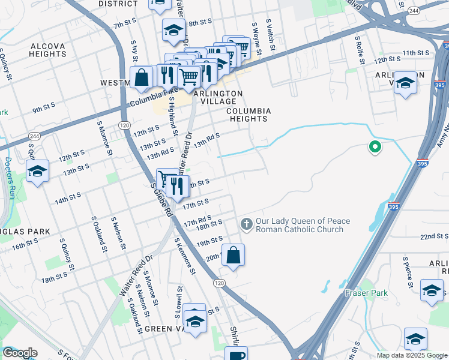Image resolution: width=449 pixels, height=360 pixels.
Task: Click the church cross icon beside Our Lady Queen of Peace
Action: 246,224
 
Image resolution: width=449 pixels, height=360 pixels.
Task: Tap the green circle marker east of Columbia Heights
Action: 375,146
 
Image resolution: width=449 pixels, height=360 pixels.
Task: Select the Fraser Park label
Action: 366,293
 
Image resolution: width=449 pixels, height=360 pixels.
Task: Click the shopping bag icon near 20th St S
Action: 234,254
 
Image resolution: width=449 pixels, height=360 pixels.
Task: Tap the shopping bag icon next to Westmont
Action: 142,77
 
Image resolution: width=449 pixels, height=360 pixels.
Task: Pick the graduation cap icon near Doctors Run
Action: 37,172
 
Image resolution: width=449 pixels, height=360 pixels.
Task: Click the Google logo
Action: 20,353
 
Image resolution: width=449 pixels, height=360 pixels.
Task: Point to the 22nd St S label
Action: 435,238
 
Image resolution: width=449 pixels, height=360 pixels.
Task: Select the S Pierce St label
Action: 406,271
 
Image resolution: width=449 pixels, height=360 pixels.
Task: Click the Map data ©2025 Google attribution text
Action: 411,355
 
